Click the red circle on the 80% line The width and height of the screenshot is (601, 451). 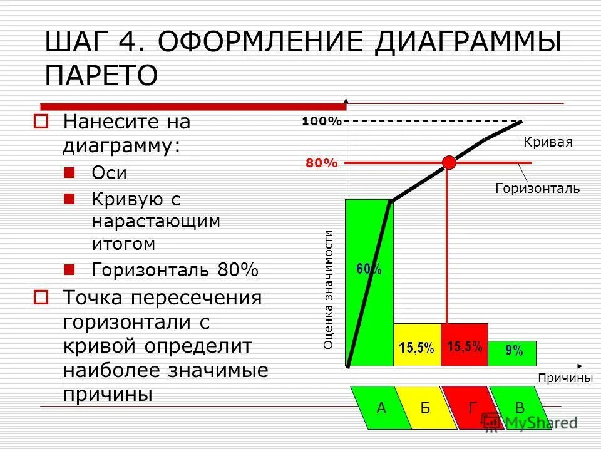coord(449,162)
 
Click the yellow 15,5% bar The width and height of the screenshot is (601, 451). coord(417,345)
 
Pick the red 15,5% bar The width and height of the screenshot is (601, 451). coord(465,345)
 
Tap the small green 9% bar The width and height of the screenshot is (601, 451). coord(513,353)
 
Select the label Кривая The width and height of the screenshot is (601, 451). coord(548,142)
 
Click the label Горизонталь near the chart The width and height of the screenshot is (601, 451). coord(538,188)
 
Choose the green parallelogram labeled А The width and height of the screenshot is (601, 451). coord(381,408)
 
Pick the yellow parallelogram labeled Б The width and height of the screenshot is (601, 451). coord(426,408)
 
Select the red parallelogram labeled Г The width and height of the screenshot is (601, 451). coord(473,408)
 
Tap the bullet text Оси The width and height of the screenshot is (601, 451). coord(110,173)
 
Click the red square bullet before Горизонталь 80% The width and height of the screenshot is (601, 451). coord(69,269)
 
